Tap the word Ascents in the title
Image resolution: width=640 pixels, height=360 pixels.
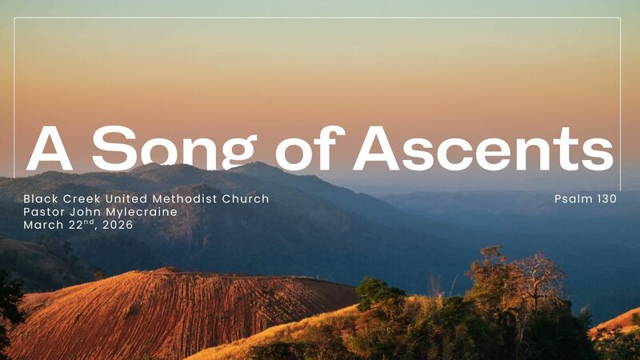(x=483, y=149)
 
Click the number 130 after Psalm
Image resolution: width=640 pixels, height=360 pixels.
(x=606, y=198)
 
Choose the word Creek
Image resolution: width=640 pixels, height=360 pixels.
(x=82, y=198)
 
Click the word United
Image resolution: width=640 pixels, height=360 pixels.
(x=127, y=198)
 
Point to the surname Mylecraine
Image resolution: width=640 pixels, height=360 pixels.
(x=141, y=212)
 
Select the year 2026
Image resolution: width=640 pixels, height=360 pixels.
(x=118, y=225)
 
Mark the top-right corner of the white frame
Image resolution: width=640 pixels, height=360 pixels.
(x=620, y=18)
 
